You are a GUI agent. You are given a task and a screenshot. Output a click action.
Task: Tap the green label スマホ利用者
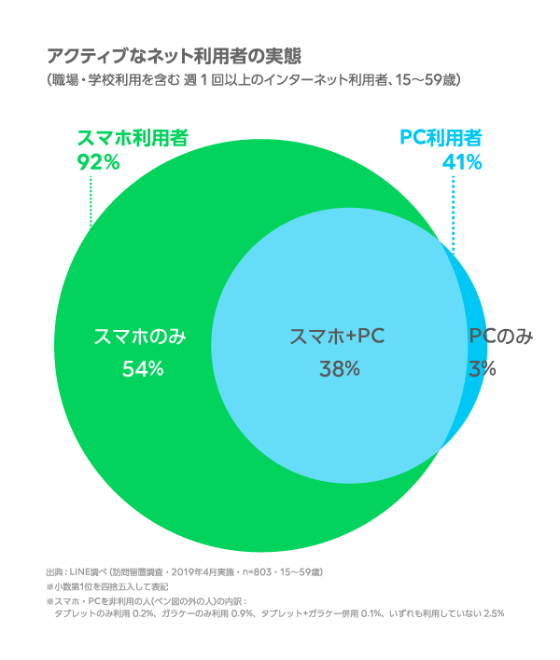pyautogui.click(x=132, y=138)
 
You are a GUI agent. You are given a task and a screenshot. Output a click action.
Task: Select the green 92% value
pyautogui.click(x=98, y=162)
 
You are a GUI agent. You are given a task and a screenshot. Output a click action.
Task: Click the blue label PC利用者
pyautogui.click(x=441, y=138)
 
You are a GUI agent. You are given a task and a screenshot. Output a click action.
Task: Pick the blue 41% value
pyautogui.click(x=462, y=162)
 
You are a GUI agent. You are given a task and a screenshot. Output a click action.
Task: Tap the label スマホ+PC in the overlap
pyautogui.click(x=338, y=337)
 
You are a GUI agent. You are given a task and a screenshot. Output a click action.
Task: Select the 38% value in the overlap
pyautogui.click(x=339, y=369)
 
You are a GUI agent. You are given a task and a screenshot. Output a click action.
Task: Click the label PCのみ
pyautogui.click(x=500, y=337)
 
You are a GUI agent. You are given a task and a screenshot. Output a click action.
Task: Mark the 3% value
pyautogui.click(x=483, y=369)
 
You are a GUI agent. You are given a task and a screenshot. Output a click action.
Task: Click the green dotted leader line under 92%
pyautogui.click(x=90, y=200)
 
